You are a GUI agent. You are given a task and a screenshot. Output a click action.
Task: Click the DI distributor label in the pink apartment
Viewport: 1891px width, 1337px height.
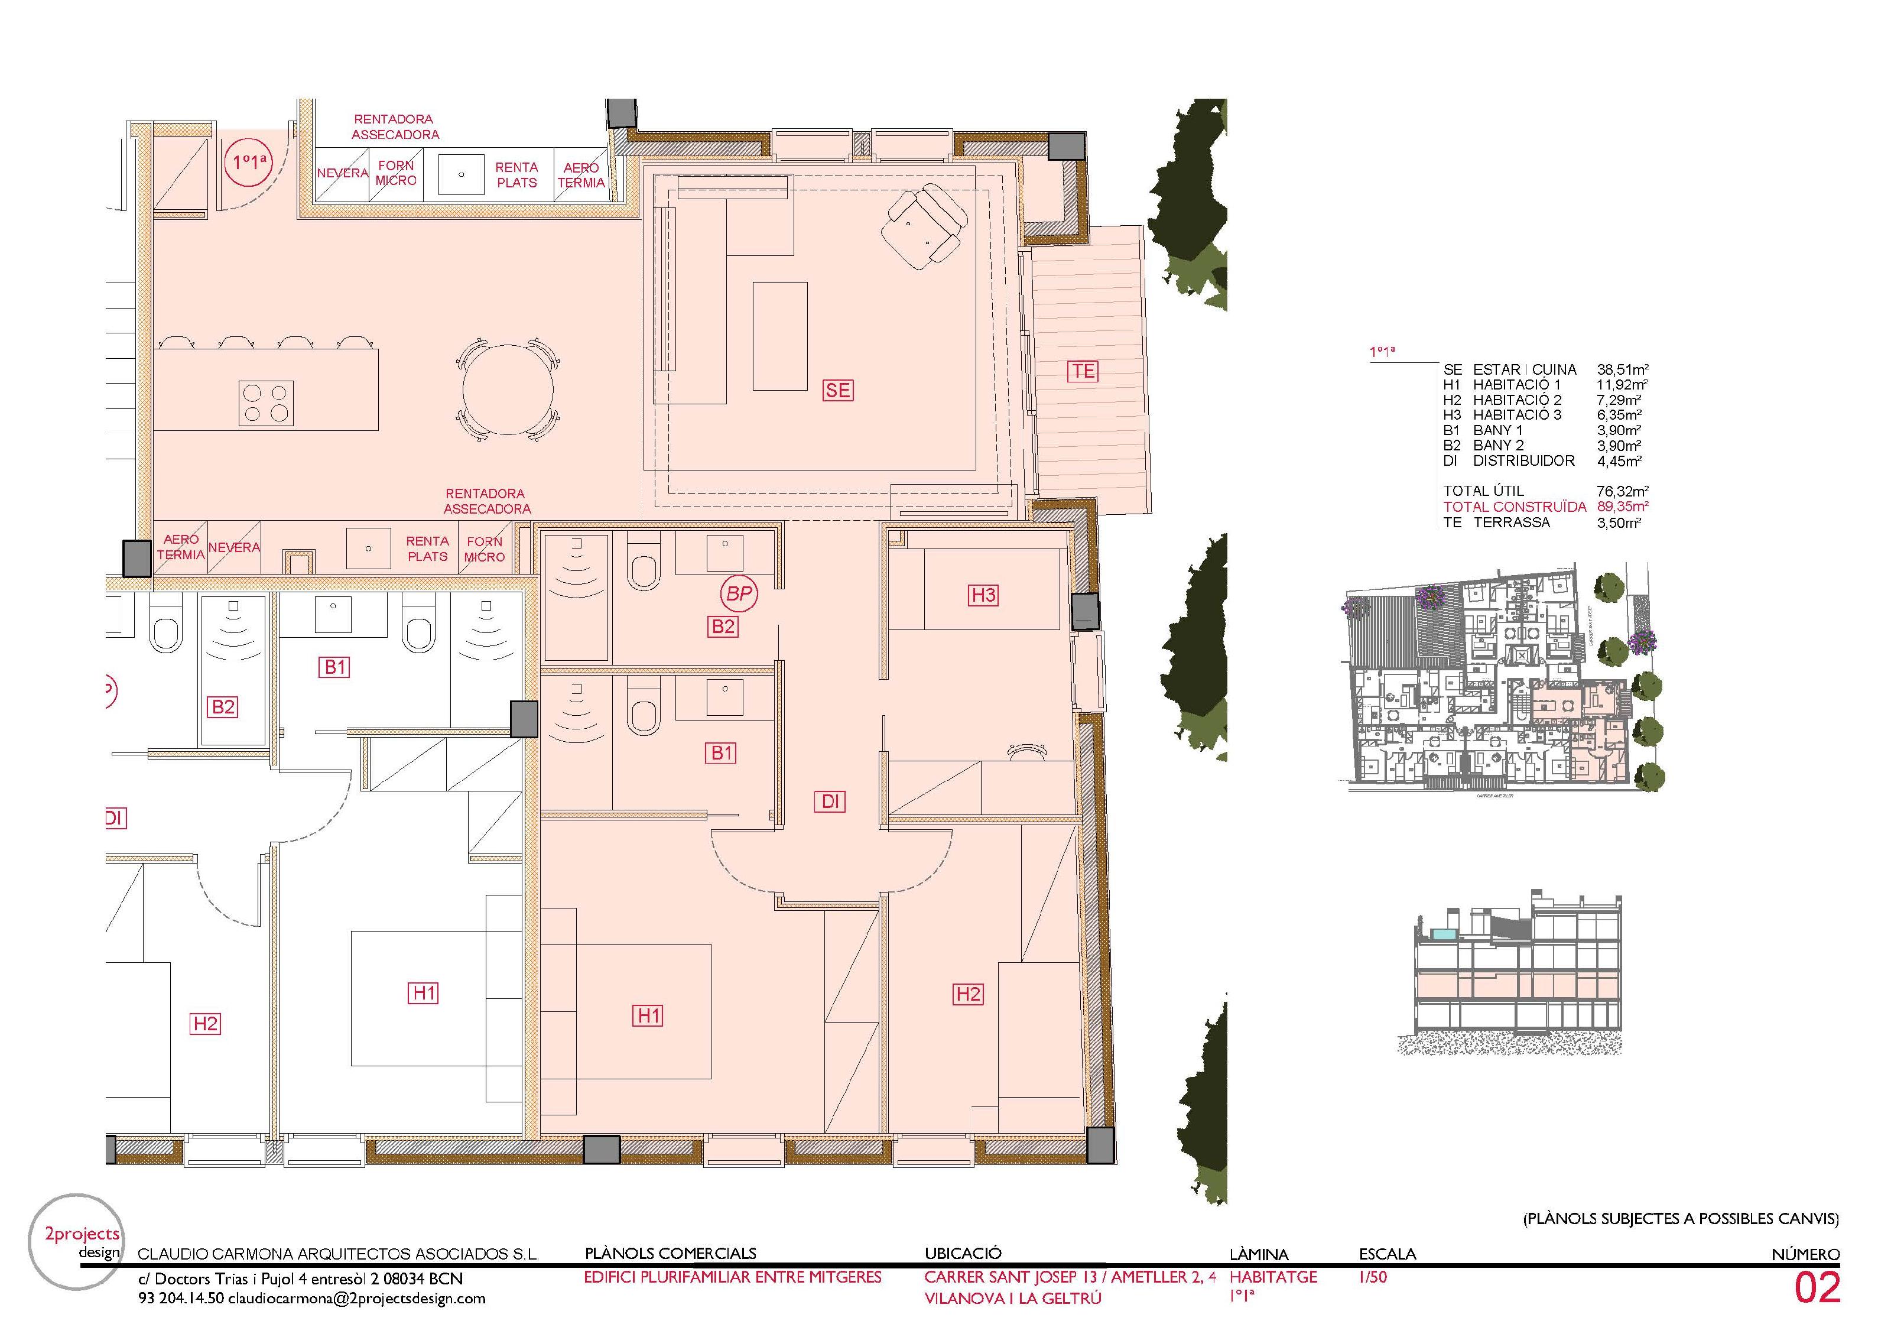tap(830, 801)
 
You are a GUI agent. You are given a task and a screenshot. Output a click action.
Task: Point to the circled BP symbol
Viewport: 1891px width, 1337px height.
tap(739, 594)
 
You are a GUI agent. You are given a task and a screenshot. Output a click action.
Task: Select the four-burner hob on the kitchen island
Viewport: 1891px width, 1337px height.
tap(266, 403)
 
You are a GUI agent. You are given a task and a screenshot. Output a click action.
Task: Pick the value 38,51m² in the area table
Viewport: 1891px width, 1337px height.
tap(1622, 370)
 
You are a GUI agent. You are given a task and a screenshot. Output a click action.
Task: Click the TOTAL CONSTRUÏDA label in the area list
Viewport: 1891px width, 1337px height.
tap(1514, 507)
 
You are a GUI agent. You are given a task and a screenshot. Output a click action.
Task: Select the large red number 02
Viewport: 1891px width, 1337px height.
tap(1817, 1289)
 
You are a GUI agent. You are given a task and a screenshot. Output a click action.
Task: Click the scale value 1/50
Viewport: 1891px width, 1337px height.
tap(1373, 1278)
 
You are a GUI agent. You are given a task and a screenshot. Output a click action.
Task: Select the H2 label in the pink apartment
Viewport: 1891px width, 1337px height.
tap(968, 994)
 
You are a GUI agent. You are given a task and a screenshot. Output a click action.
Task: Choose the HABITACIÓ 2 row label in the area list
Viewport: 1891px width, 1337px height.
tap(1516, 400)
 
